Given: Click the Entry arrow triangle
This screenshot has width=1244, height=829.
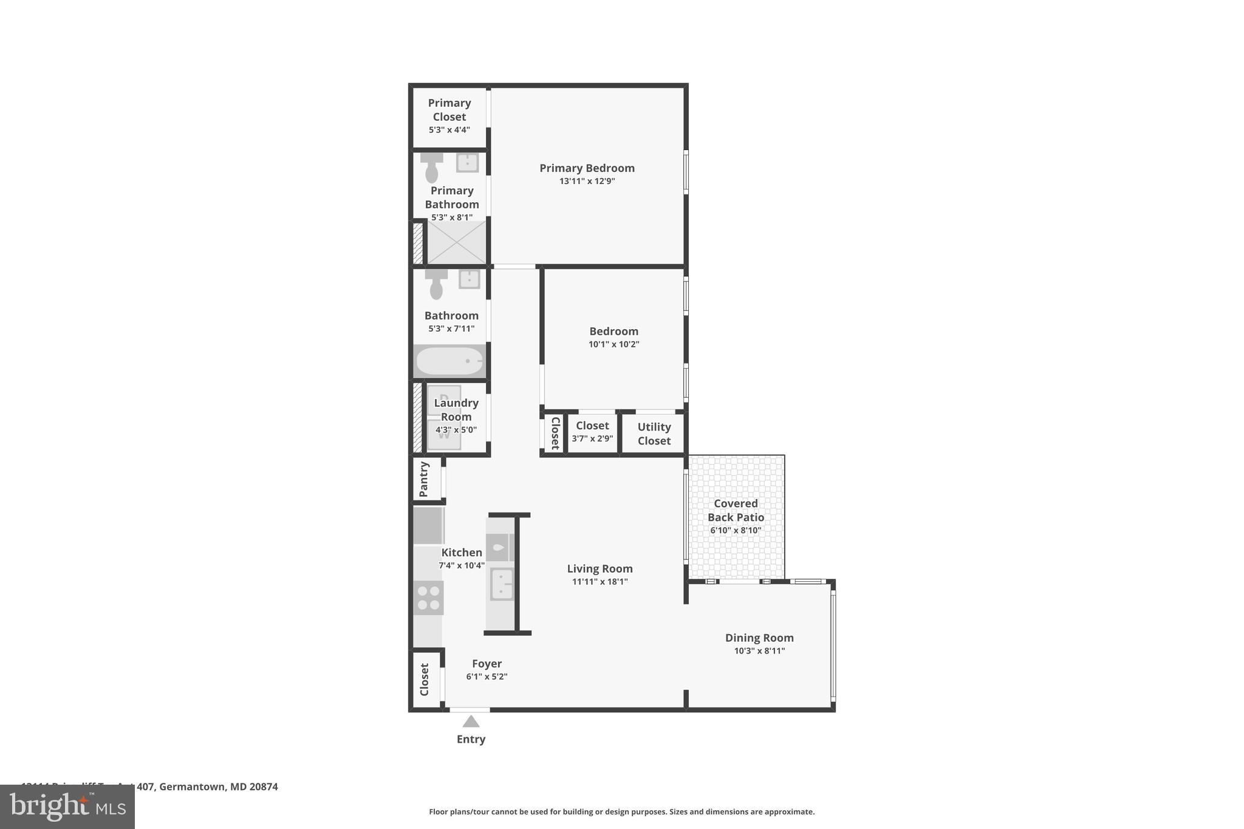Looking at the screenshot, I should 471,722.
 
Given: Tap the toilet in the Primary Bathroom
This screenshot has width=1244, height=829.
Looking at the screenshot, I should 431,168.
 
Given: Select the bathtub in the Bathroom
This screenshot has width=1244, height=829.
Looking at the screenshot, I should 450,361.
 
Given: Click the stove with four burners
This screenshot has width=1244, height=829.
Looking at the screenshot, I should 428,598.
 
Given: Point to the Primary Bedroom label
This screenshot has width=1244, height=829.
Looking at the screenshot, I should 587,168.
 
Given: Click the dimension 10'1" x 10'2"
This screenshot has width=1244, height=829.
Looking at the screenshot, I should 613,344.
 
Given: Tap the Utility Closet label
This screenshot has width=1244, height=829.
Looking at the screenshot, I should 654,434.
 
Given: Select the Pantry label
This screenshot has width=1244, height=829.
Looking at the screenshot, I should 424,479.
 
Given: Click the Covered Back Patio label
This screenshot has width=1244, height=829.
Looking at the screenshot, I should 736,510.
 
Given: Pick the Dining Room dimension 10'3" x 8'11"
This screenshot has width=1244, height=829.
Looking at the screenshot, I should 759,651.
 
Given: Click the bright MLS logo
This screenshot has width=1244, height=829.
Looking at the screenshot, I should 67,807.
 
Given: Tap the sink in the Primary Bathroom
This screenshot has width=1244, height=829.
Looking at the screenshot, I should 467,162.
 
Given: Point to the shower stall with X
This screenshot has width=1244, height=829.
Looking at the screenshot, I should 457,242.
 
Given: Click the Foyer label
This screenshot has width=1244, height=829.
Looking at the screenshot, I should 487,664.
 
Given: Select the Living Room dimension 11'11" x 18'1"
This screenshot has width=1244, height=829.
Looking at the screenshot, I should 600,582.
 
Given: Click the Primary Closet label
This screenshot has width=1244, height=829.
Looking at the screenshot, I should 449,110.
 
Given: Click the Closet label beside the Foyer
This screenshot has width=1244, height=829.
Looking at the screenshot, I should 424,680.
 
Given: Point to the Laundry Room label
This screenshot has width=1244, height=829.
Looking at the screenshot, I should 456,409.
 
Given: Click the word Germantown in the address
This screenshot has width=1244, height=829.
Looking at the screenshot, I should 192,786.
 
